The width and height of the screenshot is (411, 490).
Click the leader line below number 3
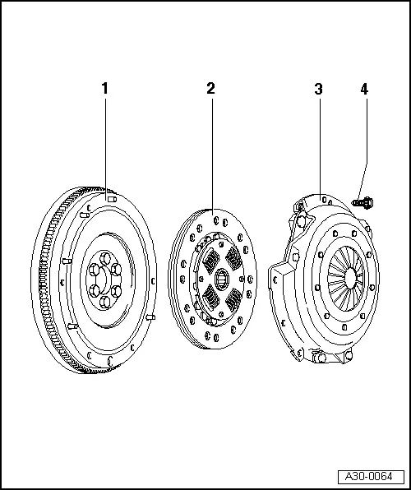(319, 140)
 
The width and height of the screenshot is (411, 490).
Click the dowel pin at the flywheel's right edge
(150, 316)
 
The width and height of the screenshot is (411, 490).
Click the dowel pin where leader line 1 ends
(111, 196)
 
